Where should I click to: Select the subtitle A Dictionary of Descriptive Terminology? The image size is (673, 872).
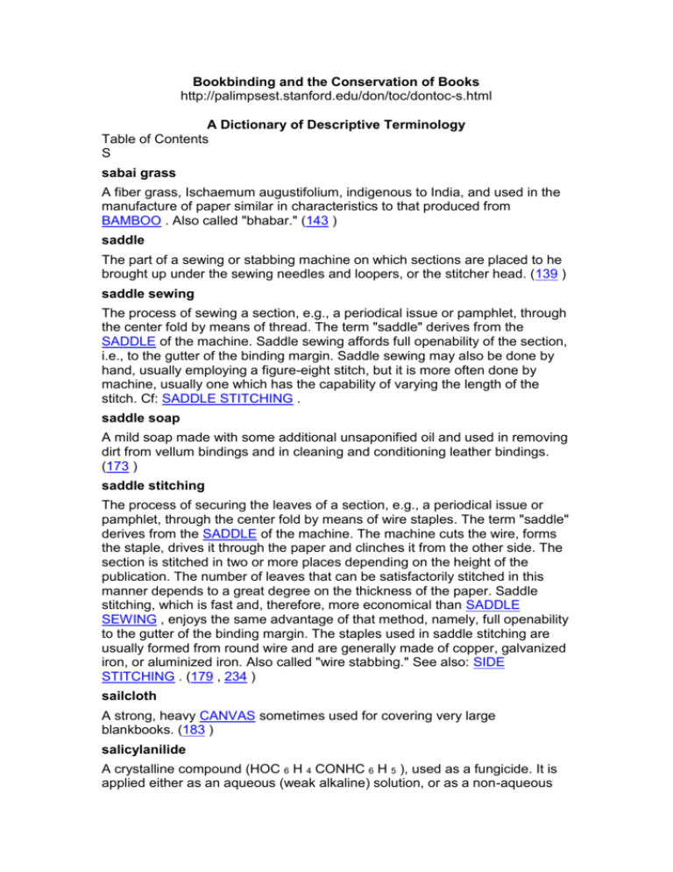point(336,125)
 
